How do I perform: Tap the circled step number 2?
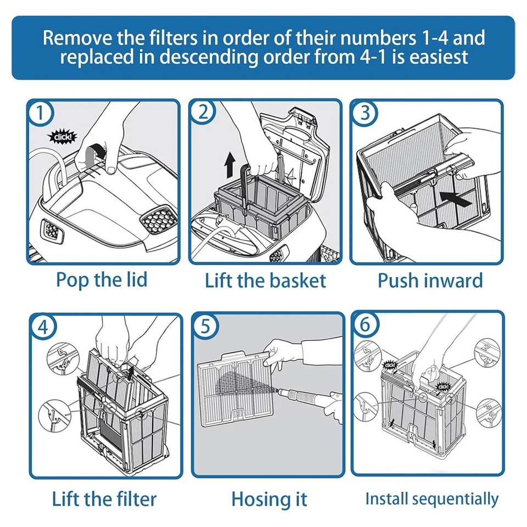pos(203,113)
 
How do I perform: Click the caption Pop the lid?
pos(102,279)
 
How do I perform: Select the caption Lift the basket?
pos(265,281)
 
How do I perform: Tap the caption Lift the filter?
pos(104,499)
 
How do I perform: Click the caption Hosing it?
pos(269,500)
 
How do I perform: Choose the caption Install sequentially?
pos(431,499)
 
